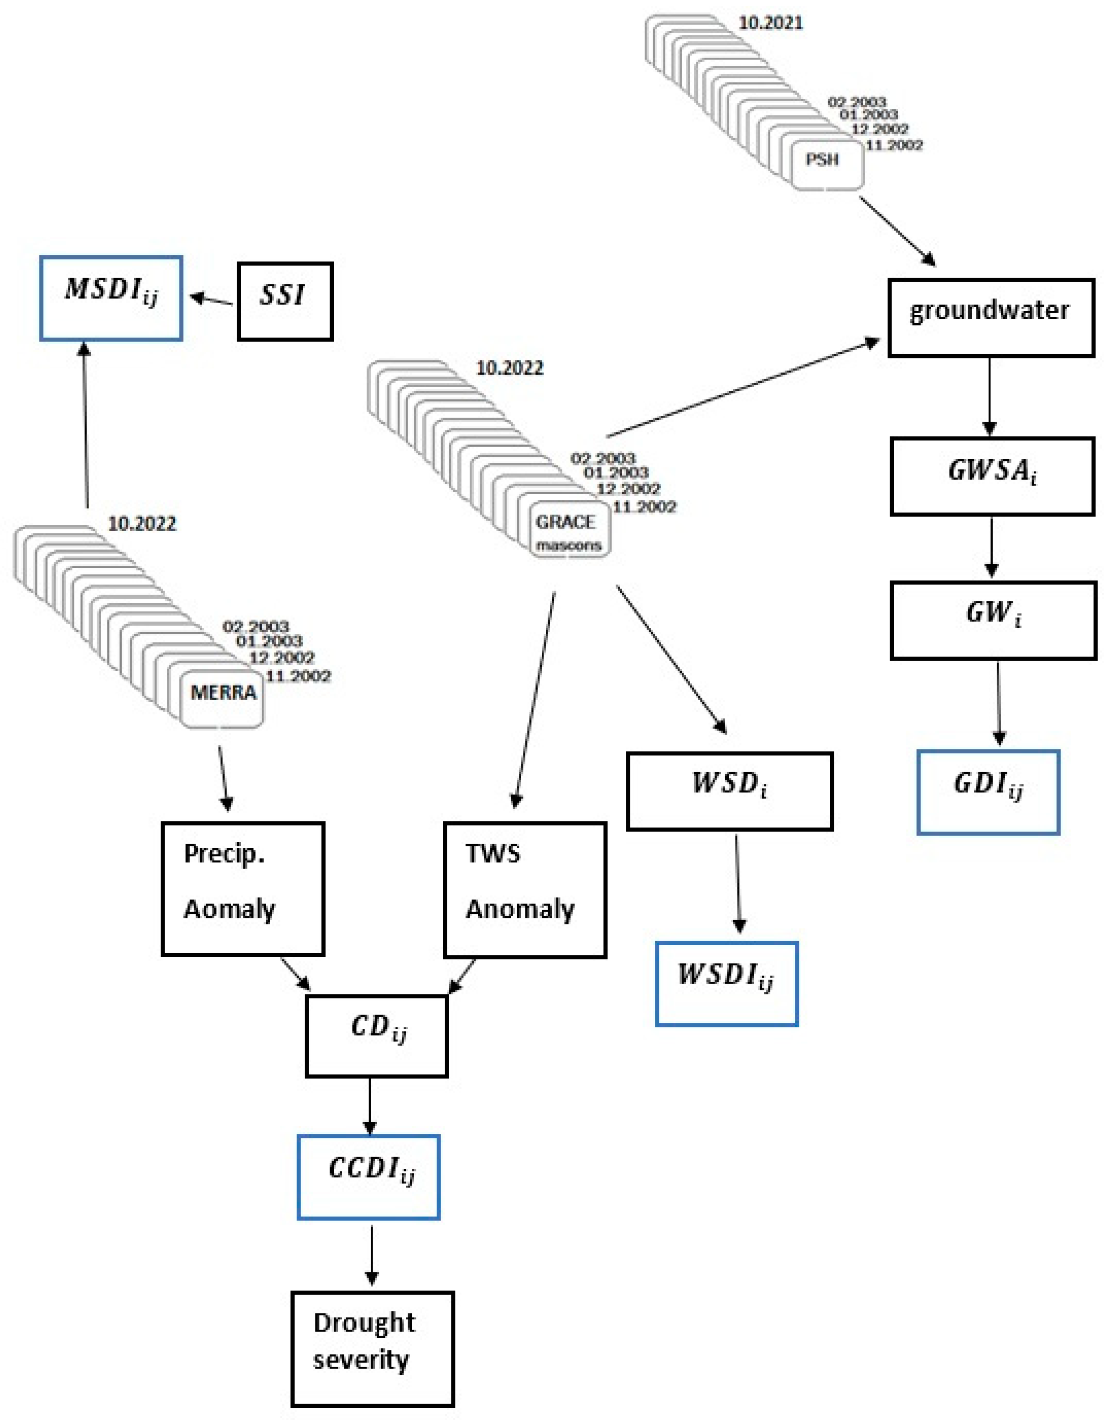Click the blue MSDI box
pos(111,298)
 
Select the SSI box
pos(285,301)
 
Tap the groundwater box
pos(990,317)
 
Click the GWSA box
pos(992,476)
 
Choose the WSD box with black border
pos(729,791)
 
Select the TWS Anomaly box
pos(525,889)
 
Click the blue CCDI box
pos(368,1176)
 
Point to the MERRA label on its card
pos(223,693)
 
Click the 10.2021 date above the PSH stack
pos(770,23)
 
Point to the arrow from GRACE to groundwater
pos(743,388)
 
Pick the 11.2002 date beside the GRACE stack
pos(644,507)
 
